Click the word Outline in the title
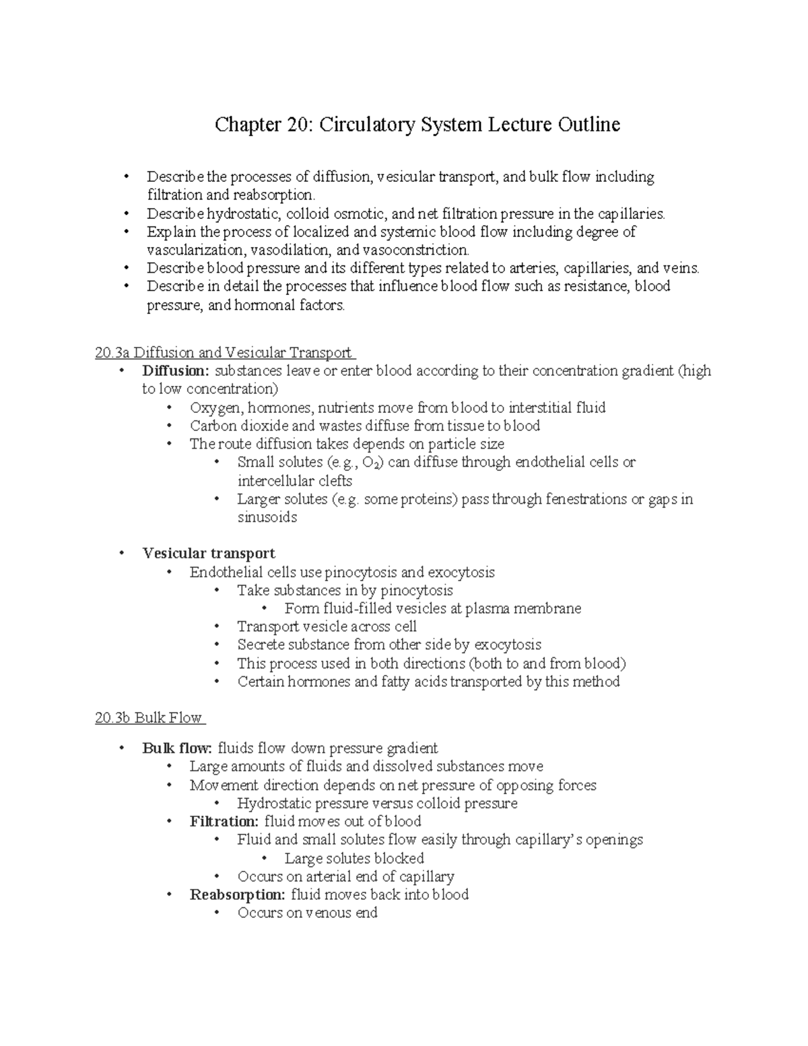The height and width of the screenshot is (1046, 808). (x=588, y=125)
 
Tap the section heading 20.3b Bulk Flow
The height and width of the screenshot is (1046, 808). (x=149, y=717)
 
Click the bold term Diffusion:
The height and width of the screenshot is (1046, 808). (x=176, y=370)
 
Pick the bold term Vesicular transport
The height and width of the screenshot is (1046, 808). (x=209, y=553)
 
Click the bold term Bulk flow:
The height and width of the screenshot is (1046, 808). (x=178, y=748)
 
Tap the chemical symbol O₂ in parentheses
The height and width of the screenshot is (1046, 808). (x=370, y=463)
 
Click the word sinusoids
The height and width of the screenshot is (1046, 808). (x=267, y=517)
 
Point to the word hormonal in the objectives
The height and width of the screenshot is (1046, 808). (x=265, y=305)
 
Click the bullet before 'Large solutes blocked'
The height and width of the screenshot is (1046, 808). (x=264, y=859)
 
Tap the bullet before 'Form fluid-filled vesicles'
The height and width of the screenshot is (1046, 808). (x=264, y=609)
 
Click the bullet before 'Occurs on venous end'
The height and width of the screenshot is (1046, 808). (x=216, y=913)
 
